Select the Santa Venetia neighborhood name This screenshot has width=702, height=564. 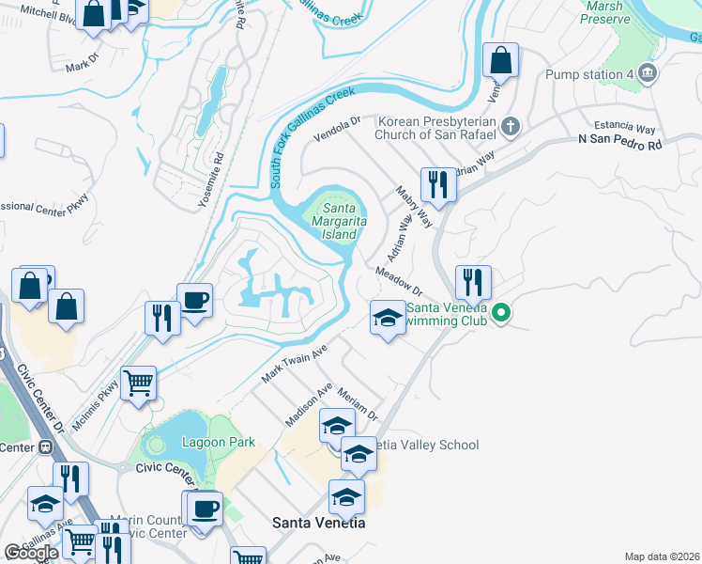[318, 522]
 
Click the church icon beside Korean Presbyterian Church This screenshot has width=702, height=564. [511, 126]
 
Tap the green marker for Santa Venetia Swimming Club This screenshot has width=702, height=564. [502, 314]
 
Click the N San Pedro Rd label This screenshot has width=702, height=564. [619, 145]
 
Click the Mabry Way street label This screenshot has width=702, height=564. [413, 206]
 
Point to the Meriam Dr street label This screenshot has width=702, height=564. [357, 403]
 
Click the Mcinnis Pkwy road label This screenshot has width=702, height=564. [107, 399]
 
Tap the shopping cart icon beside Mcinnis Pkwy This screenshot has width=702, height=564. [139, 383]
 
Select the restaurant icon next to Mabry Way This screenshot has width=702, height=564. [438, 183]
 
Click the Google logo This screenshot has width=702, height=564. [32, 553]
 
